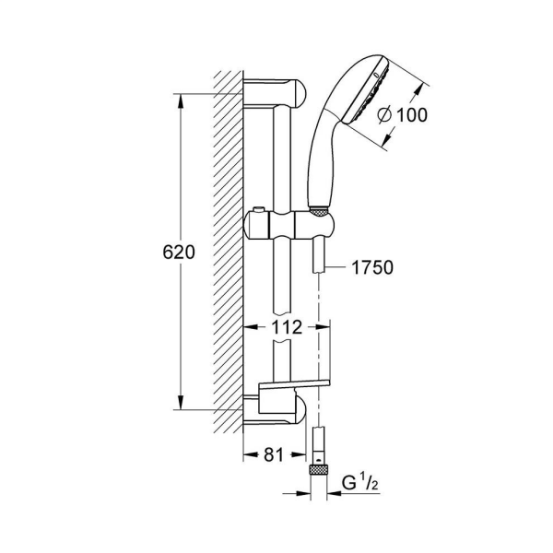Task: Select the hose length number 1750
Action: (x=372, y=268)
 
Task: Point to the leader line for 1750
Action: (x=337, y=268)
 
